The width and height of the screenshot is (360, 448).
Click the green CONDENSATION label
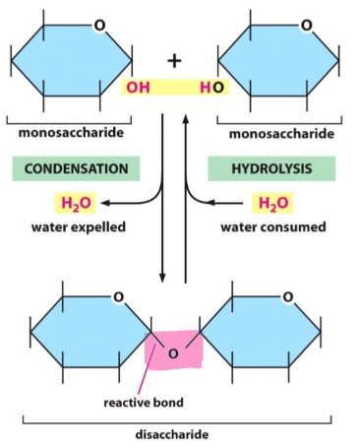tap(76, 168)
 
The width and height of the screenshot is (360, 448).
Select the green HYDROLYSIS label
tap(271, 168)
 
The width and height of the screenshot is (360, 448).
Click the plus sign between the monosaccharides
tap(175, 60)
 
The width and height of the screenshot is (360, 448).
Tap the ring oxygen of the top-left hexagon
tap(95, 23)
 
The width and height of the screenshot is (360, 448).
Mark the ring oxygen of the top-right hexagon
tap(307, 23)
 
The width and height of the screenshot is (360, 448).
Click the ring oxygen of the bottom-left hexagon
tap(117, 294)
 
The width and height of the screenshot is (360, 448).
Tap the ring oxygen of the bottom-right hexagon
tap(286, 294)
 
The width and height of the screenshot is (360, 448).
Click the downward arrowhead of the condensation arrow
tap(164, 276)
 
